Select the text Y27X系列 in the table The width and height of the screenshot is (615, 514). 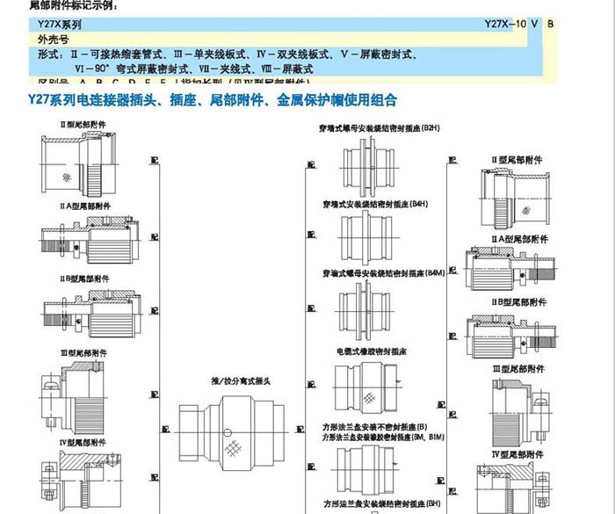[59, 25]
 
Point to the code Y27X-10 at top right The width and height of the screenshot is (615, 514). [508, 24]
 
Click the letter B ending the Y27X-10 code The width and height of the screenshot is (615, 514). [551, 24]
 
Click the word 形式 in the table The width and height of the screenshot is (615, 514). [49, 54]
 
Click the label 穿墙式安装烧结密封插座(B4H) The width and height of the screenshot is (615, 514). [374, 204]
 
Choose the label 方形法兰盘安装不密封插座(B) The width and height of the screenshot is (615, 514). [374, 426]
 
